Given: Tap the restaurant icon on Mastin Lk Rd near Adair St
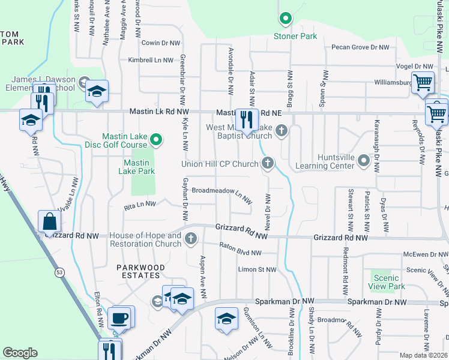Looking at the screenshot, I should coord(247,119).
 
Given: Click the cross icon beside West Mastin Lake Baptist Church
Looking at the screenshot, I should coord(281,131).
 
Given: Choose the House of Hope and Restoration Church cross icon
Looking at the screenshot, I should coord(191,239).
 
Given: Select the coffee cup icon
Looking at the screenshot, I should coord(119,317).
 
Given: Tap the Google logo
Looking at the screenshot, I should coord(20,353).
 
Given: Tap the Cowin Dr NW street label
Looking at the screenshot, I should coord(160,43).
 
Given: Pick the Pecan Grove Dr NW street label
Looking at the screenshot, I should coord(360,47).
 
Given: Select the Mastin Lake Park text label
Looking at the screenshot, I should coord(139,167).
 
